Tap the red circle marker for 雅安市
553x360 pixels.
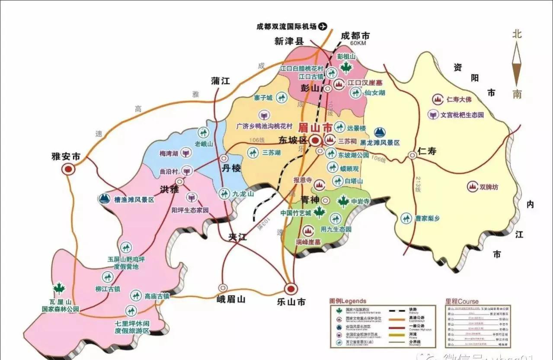67,169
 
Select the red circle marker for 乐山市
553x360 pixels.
291,288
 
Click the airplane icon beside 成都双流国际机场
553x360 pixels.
323,26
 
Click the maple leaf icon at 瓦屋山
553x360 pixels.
59,288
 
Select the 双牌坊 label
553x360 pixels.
489,187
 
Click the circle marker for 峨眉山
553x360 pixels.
223,287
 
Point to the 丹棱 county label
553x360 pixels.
231,169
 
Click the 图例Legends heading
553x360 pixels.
348,301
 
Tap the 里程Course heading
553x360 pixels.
462,301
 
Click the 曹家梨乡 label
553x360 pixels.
427,219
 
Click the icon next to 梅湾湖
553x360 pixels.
186,153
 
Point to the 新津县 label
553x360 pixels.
289,41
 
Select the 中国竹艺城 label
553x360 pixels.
296,213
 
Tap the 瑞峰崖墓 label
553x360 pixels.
308,242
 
